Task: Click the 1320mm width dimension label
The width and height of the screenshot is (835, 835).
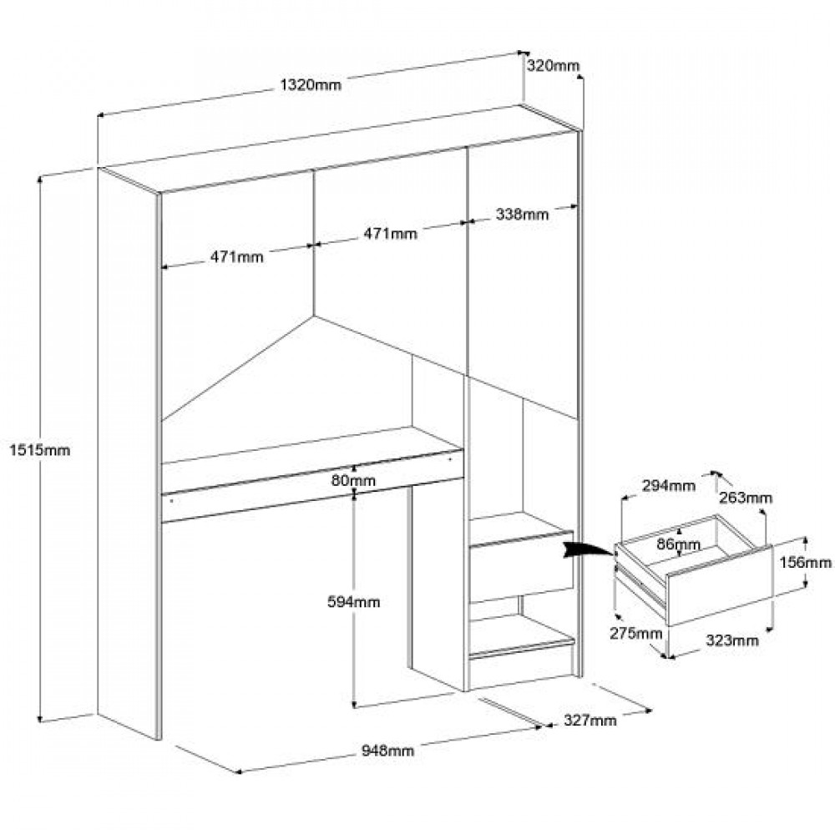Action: point(310,83)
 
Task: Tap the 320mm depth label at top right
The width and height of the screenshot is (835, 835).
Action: point(552,66)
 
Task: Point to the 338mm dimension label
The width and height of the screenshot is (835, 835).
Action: point(522,215)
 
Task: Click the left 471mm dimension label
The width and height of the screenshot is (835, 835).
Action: point(236,256)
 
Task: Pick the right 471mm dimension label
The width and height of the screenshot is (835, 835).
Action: point(389,234)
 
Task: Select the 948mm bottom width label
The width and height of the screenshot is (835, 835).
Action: point(387,751)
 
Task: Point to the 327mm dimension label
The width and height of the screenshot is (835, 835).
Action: point(590,720)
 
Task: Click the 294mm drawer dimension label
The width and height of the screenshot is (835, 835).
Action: point(670,486)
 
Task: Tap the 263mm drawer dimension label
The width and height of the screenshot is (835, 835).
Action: point(746,498)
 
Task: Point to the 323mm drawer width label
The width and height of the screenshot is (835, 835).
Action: point(732,641)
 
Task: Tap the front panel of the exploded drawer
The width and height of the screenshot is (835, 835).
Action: point(718,584)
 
